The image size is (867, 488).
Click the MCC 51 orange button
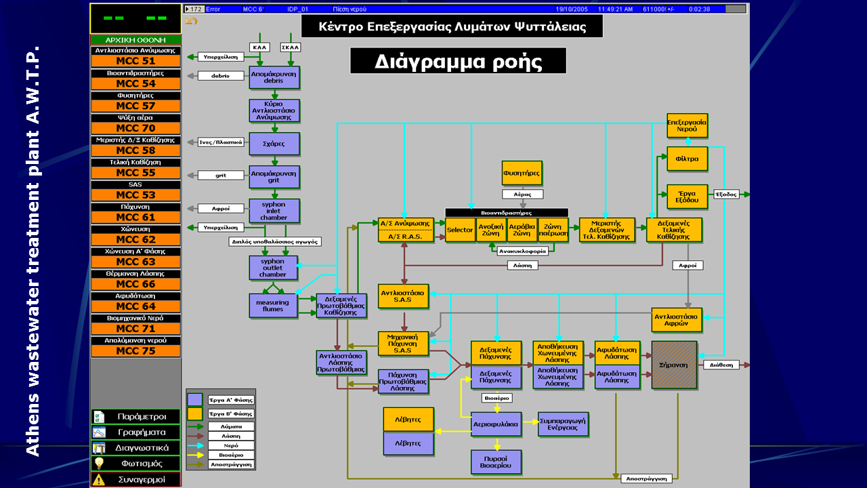(x=135, y=61)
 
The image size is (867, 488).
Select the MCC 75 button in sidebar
(x=135, y=351)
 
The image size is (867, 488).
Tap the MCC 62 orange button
(x=135, y=239)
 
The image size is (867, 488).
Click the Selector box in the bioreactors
(x=460, y=230)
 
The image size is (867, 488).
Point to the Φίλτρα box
(x=687, y=159)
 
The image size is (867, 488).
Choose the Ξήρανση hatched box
(x=674, y=365)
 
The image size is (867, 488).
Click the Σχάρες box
(x=274, y=144)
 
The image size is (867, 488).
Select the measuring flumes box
(x=273, y=306)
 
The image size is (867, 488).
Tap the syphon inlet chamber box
(x=274, y=211)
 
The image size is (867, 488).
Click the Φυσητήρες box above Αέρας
(x=522, y=173)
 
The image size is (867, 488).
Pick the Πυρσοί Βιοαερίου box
(x=496, y=462)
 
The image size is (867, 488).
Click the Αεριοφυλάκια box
(x=496, y=424)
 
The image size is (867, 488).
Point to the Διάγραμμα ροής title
(x=458, y=61)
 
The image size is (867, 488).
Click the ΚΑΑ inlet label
(x=259, y=47)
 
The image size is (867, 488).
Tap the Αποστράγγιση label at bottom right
(x=647, y=479)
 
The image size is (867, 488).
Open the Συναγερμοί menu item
(x=135, y=479)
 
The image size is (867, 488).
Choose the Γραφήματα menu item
(x=135, y=432)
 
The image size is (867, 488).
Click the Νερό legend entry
(x=231, y=445)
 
